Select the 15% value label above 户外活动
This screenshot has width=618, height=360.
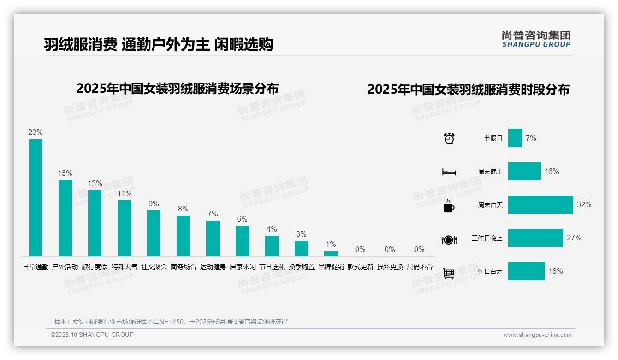(65, 173)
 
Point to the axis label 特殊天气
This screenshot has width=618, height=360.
(125, 267)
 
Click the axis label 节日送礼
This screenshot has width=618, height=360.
(272, 267)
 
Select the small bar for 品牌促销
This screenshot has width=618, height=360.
(331, 253)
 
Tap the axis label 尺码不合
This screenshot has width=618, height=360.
(420, 267)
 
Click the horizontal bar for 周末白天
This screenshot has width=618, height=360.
(541, 204)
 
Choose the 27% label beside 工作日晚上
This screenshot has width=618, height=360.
(574, 238)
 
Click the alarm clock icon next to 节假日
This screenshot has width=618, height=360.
(449, 138)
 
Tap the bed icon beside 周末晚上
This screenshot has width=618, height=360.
(449, 172)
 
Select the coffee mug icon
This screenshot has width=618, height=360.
(449, 206)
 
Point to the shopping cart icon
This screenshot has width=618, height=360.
(449, 273)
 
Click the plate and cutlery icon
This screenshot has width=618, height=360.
(449, 240)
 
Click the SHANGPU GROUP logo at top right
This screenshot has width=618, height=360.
(536, 39)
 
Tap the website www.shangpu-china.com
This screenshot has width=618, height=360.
(537, 335)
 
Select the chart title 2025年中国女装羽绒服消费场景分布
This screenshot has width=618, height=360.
(178, 88)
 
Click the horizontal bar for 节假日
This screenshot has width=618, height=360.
(515, 138)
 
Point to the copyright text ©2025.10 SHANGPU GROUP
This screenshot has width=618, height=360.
(92, 335)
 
